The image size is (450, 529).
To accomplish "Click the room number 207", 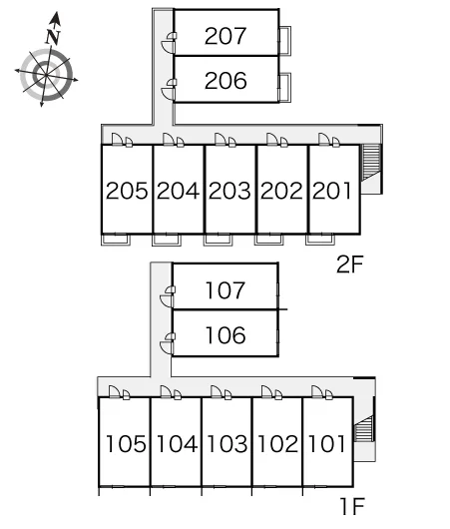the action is pyautogui.click(x=225, y=36).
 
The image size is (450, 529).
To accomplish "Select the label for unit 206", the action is pyautogui.click(x=225, y=81).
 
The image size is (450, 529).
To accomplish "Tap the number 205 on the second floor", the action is pyautogui.click(x=127, y=191).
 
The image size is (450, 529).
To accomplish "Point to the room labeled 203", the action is pyautogui.click(x=229, y=191).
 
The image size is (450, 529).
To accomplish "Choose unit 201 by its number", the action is pyautogui.click(x=332, y=191).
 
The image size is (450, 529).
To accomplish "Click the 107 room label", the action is pyautogui.click(x=225, y=290).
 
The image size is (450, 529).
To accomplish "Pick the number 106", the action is pyautogui.click(x=225, y=335).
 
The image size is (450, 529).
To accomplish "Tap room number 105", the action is pyautogui.click(x=126, y=443).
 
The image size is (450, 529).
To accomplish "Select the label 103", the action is pyautogui.click(x=227, y=443).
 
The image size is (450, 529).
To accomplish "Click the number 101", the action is pyautogui.click(x=327, y=443).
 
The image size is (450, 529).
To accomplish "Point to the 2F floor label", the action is pyautogui.click(x=350, y=264).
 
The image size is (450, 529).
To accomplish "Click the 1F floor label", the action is pyautogui.click(x=353, y=506).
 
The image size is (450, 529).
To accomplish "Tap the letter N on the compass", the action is pyautogui.click(x=53, y=37).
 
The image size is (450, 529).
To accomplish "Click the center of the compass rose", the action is pyautogui.click(x=46, y=75).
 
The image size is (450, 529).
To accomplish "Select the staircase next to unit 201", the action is pyautogui.click(x=371, y=163).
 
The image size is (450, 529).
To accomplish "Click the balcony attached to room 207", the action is pyautogui.click(x=284, y=41).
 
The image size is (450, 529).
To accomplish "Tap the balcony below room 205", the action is pyautogui.click(x=116, y=240).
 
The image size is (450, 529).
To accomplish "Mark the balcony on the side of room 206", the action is pyautogui.click(x=284, y=87).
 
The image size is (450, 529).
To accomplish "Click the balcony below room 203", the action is pyautogui.click(x=218, y=240).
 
